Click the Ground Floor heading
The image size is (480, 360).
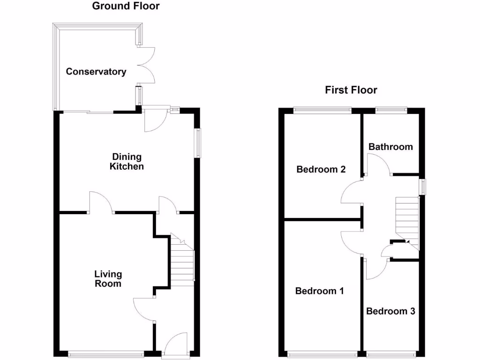coord(126,6)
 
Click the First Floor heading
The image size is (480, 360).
coord(351,90)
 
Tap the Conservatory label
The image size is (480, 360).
coord(96,72)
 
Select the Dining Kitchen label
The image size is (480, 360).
coord(127,161)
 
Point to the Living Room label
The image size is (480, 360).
coord(108,278)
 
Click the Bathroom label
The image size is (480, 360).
coord(390,147)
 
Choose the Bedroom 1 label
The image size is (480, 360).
coord(320,291)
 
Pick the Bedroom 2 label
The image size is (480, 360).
coord(321,169)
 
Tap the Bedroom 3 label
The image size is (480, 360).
coord(390,311)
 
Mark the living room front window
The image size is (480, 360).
coord(106,354)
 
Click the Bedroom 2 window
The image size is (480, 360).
coord(322,110)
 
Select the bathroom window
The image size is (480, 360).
coord(391,110)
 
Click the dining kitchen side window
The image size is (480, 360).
coord(198,142)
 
